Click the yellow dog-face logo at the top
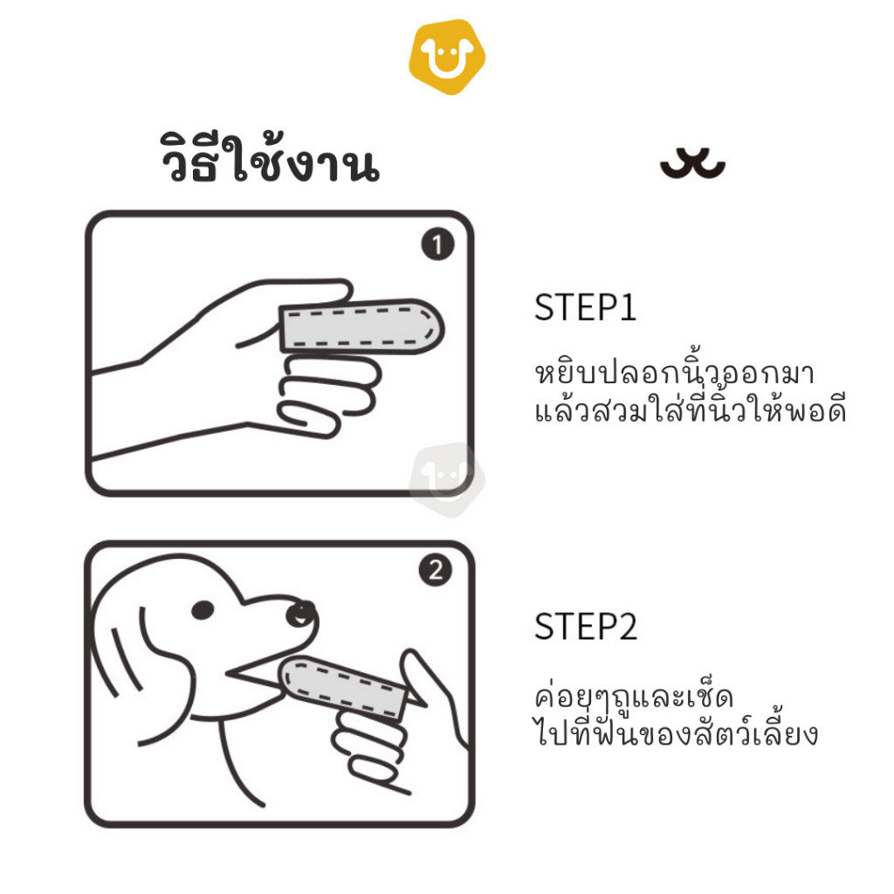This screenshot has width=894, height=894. [447, 57]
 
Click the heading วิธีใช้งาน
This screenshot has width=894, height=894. [270, 158]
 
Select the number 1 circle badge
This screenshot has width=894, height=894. [437, 244]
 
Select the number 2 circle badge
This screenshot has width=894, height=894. [435, 570]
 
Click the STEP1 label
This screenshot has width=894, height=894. [585, 308]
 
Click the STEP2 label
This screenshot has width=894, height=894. [586, 627]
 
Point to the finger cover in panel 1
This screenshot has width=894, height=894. [361, 326]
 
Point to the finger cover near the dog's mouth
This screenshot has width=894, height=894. [343, 687]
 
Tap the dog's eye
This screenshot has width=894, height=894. [203, 610]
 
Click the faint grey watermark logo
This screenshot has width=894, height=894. [447, 480]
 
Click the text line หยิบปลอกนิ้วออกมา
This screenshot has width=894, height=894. [674, 372]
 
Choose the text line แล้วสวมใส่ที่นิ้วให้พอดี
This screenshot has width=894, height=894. [691, 409]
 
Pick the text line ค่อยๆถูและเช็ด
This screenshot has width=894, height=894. [634, 696]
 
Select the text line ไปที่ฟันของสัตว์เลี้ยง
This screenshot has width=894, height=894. [676, 732]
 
